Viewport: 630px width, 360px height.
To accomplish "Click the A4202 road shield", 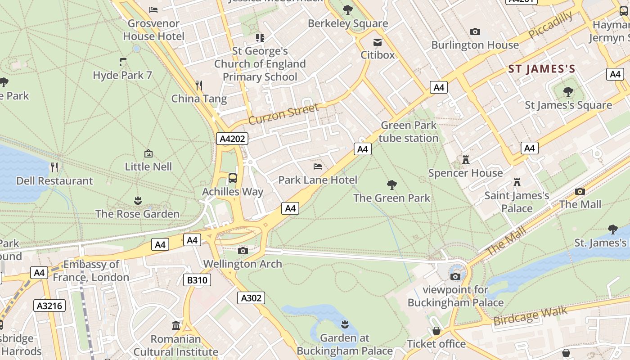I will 232,139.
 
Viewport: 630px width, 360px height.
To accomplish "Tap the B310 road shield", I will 197,280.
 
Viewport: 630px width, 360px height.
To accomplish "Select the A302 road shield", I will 251,297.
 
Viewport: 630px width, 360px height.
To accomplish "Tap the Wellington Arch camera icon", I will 243,251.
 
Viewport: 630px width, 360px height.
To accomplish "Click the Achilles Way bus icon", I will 232,178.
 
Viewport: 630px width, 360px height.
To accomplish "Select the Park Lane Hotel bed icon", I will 318,166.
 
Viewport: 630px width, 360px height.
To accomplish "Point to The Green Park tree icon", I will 392,184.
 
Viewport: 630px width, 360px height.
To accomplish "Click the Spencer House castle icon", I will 466,160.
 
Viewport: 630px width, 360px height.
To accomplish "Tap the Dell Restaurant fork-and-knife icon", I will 54,167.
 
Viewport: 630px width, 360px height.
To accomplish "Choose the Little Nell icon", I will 148,153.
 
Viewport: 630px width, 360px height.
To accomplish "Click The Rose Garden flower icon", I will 138,200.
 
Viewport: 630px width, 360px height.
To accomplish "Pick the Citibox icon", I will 378,42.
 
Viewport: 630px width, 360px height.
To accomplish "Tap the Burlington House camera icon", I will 475,31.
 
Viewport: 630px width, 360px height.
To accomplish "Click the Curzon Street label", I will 283,113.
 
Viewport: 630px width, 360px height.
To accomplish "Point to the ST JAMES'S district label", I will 542,69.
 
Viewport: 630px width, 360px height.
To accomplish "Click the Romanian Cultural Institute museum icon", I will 176,325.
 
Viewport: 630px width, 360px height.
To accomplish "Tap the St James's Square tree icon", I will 568,92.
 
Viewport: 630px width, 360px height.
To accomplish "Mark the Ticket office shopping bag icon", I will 436,331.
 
